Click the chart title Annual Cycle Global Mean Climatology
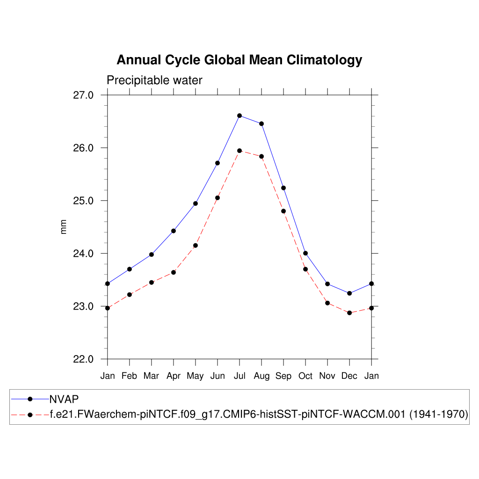pyautogui.click(x=239, y=60)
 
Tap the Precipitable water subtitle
pyautogui.click(x=154, y=80)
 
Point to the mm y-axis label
pyautogui.click(x=64, y=227)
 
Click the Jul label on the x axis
pyautogui.click(x=239, y=376)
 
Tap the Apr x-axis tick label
pyautogui.click(x=174, y=376)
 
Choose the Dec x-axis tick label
pyautogui.click(x=349, y=376)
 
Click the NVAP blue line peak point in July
pyautogui.click(x=239, y=116)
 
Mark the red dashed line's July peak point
pyautogui.click(x=239, y=151)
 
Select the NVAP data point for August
pyautogui.click(x=261, y=123)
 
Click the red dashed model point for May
pyautogui.click(x=196, y=246)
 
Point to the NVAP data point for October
pyautogui.click(x=305, y=253)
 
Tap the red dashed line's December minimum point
pyautogui.click(x=349, y=312)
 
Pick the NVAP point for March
pyautogui.click(x=152, y=254)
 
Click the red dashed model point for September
pyautogui.click(x=283, y=211)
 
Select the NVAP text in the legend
pyautogui.click(x=64, y=399)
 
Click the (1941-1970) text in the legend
pyautogui.click(x=439, y=414)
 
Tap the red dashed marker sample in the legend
pyautogui.click(x=30, y=414)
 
